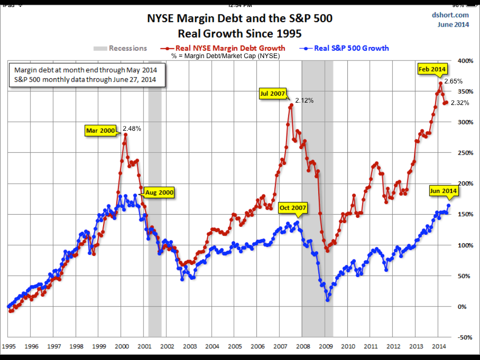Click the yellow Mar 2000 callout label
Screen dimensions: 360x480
tap(101, 131)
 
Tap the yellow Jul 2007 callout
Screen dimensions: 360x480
tap(272, 94)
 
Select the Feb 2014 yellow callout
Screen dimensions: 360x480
tap(432, 69)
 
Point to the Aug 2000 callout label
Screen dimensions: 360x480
tap(159, 192)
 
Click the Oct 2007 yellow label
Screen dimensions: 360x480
tap(292, 208)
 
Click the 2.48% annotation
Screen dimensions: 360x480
tap(132, 128)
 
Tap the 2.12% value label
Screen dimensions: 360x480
tap(304, 100)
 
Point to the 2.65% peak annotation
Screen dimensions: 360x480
tap(453, 81)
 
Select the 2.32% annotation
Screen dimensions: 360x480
tap(460, 103)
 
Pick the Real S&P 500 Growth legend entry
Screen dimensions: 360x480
tap(347, 48)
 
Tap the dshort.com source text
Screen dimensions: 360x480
tap(450, 15)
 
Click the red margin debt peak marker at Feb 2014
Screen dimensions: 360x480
tap(441, 83)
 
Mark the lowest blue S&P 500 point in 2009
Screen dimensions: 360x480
tap(327, 300)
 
